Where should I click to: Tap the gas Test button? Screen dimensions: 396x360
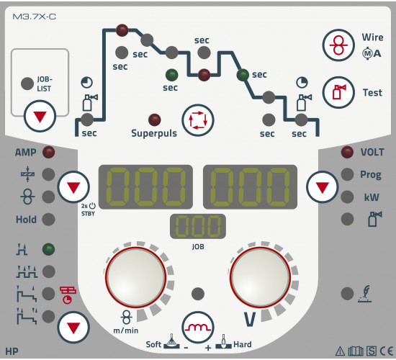pos(338,92)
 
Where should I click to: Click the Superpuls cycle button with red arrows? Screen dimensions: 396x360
pos(198,120)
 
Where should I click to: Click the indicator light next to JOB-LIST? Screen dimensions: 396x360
pos(27,84)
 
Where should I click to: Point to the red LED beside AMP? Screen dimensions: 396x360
pos(48,152)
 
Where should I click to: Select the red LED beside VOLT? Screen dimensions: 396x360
pos(347,152)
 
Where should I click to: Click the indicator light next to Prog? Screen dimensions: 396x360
pos(347,174)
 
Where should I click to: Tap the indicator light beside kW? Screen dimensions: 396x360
pos(347,197)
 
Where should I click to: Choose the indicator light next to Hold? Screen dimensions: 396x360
pos(48,220)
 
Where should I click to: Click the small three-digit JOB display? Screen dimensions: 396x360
pos(198,226)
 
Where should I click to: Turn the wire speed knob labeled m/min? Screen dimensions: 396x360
pos(136,277)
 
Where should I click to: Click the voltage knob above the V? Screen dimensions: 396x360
pos(260,277)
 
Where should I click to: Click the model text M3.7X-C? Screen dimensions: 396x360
pos(34,17)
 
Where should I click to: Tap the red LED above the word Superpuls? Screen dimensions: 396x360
pos(155,120)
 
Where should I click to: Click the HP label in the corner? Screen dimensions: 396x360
pos(12,351)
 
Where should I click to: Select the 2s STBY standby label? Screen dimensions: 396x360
pos(88,210)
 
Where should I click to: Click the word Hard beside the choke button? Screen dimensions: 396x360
pos(243,344)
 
